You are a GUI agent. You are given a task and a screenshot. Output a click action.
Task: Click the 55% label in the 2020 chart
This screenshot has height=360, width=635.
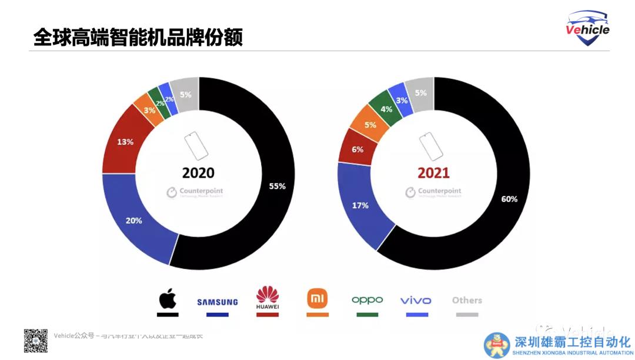[x=277, y=186]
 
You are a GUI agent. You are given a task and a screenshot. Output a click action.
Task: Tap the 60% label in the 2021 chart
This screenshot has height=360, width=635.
[x=509, y=199]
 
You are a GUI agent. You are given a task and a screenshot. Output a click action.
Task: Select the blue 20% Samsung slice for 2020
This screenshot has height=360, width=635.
[x=133, y=220]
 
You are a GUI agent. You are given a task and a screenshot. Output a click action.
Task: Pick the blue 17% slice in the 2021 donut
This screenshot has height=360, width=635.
[x=360, y=205]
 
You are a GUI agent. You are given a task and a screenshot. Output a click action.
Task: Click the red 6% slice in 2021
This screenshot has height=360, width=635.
[x=357, y=150]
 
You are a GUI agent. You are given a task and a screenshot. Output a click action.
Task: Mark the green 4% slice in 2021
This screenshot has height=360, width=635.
[x=386, y=109]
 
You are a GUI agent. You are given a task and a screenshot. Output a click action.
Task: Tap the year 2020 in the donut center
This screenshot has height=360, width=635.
[x=198, y=173]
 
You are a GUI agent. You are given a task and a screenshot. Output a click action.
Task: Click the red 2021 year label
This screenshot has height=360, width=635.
[x=433, y=173]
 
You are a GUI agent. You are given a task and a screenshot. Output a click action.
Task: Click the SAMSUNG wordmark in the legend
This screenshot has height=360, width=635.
[x=217, y=302]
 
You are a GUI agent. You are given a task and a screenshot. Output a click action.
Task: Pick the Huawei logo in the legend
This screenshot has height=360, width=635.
[x=268, y=298]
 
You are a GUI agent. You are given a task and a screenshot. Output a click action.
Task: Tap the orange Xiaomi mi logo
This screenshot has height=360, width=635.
[x=317, y=299]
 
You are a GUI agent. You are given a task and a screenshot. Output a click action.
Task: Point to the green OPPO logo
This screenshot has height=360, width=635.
[x=367, y=300]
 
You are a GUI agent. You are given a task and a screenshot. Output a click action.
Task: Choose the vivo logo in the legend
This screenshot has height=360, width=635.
[x=416, y=301]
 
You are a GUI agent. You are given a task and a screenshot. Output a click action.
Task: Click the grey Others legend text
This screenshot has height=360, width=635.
[x=467, y=300]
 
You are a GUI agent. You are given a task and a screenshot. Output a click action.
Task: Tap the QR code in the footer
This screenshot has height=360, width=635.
[x=35, y=341]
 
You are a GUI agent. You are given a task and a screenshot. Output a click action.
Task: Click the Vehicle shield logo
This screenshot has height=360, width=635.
[x=587, y=28]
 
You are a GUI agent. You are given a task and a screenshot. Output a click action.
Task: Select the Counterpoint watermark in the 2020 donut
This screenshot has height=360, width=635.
[x=195, y=192]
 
